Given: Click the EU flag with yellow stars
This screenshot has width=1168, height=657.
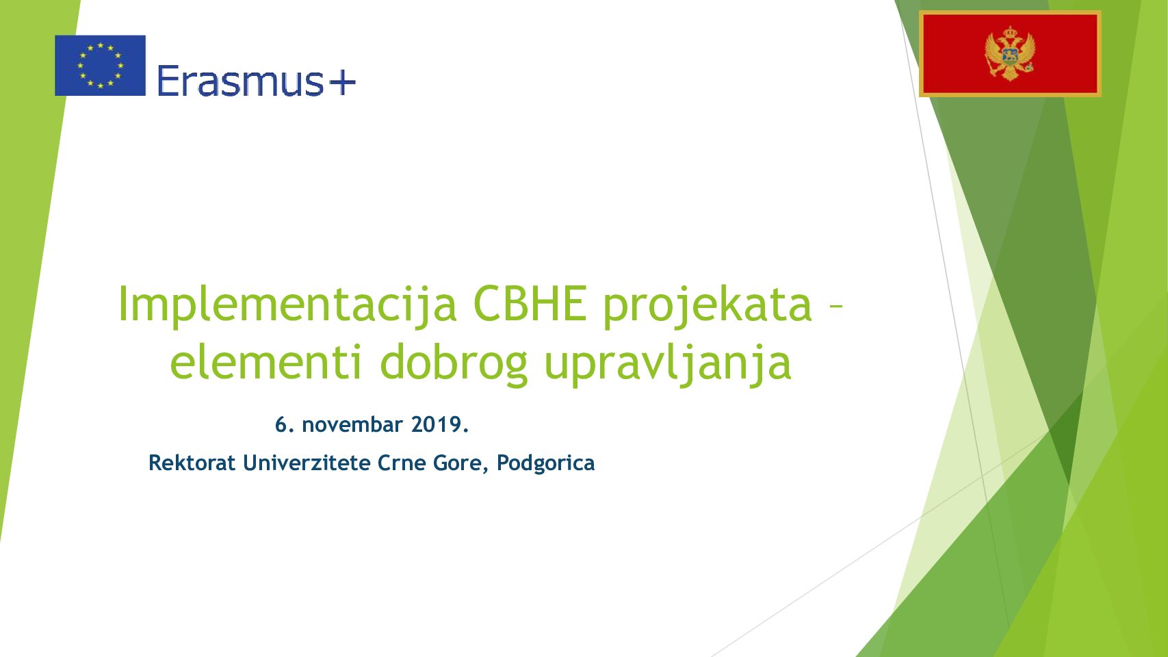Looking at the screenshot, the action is [100, 66].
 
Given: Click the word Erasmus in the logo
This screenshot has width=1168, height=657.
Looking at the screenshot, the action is [240, 81].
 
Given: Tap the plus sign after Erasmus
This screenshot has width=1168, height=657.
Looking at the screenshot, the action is [342, 81].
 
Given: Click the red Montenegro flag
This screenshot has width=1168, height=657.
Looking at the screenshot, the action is [1010, 53].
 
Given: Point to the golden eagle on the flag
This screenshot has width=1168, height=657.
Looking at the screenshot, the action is [1010, 53].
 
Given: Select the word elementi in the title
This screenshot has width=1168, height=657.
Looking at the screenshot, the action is [266, 361].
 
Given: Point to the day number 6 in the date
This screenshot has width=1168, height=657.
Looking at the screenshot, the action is [281, 424].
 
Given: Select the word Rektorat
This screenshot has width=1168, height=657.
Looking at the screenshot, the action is [192, 463].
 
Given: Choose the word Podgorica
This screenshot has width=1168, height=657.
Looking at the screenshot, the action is [545, 463].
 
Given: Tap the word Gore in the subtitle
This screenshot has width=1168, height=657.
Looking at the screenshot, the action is [459, 463].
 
